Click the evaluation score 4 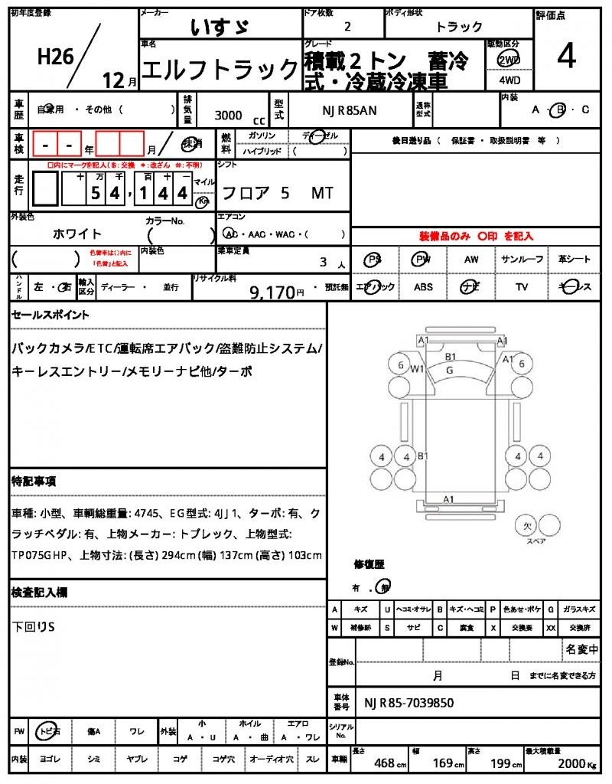pyautogui.click(x=567, y=56)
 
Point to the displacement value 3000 pyautogui.click(x=229, y=116)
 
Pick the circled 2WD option pyautogui.click(x=507, y=60)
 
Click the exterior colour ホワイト pyautogui.click(x=77, y=234)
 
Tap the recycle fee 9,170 pyautogui.click(x=272, y=292)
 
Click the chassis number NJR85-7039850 pyautogui.click(x=409, y=703)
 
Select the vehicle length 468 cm pyautogui.click(x=389, y=763)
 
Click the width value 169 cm pyautogui.click(x=442, y=763)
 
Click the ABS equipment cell pyautogui.click(x=423, y=287)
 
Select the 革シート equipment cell pyautogui.click(x=575, y=260)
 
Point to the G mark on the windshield pyautogui.click(x=450, y=371)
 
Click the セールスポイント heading pyautogui.click(x=50, y=315)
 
